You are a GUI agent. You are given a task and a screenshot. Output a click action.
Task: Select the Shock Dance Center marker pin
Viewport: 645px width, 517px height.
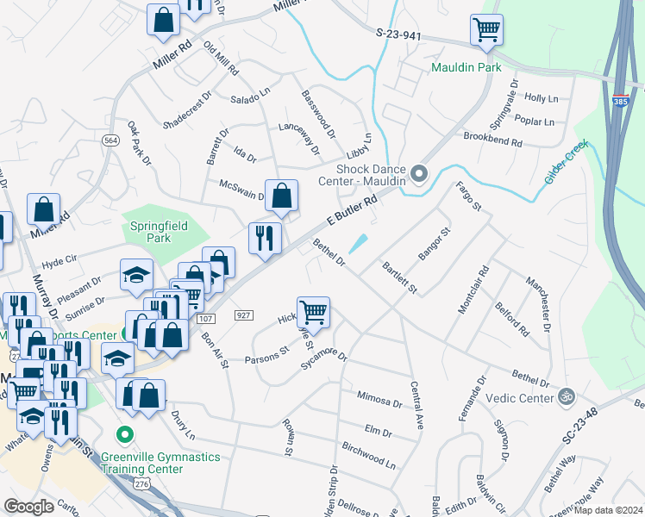420,174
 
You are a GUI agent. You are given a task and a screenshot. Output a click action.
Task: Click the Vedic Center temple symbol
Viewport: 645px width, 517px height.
566,397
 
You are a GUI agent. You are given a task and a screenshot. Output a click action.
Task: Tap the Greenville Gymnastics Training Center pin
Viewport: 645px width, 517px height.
127,434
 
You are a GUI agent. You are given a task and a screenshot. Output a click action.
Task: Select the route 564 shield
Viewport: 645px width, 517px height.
111,141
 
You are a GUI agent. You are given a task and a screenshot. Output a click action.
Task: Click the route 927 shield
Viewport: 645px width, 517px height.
241,315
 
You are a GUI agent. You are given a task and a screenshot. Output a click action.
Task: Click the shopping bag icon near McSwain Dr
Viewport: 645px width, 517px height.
281,196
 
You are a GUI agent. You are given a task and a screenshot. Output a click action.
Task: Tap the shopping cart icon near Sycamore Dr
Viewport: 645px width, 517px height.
313,312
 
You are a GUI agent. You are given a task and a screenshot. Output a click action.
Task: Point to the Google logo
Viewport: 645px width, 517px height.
28,507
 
